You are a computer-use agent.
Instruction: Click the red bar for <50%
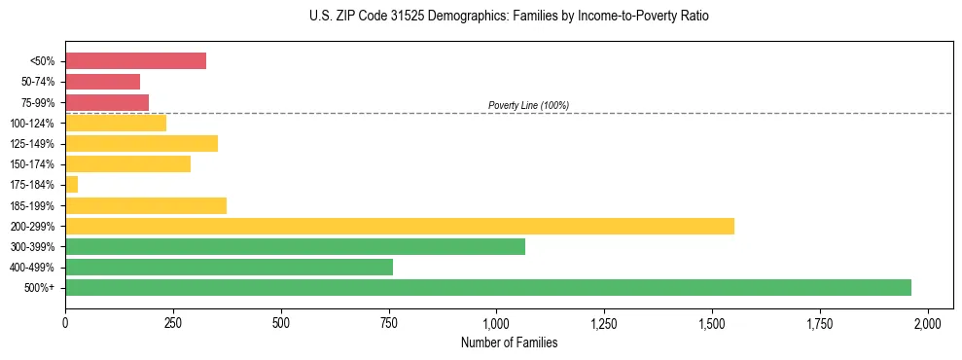click(x=135, y=60)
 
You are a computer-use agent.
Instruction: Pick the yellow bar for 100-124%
click(x=116, y=123)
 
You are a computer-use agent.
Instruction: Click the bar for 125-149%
click(x=141, y=143)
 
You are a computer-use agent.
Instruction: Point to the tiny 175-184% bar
click(x=71, y=184)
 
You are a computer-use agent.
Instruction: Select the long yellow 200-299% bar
click(x=399, y=226)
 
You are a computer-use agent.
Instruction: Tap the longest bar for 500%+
click(x=487, y=287)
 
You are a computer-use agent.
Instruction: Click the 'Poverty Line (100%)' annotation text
click(x=528, y=105)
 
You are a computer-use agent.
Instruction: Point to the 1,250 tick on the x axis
click(x=604, y=323)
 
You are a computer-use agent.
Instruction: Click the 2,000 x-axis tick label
click(x=928, y=323)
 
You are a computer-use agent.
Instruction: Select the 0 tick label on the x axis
click(x=65, y=323)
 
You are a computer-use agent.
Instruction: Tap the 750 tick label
click(x=389, y=323)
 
